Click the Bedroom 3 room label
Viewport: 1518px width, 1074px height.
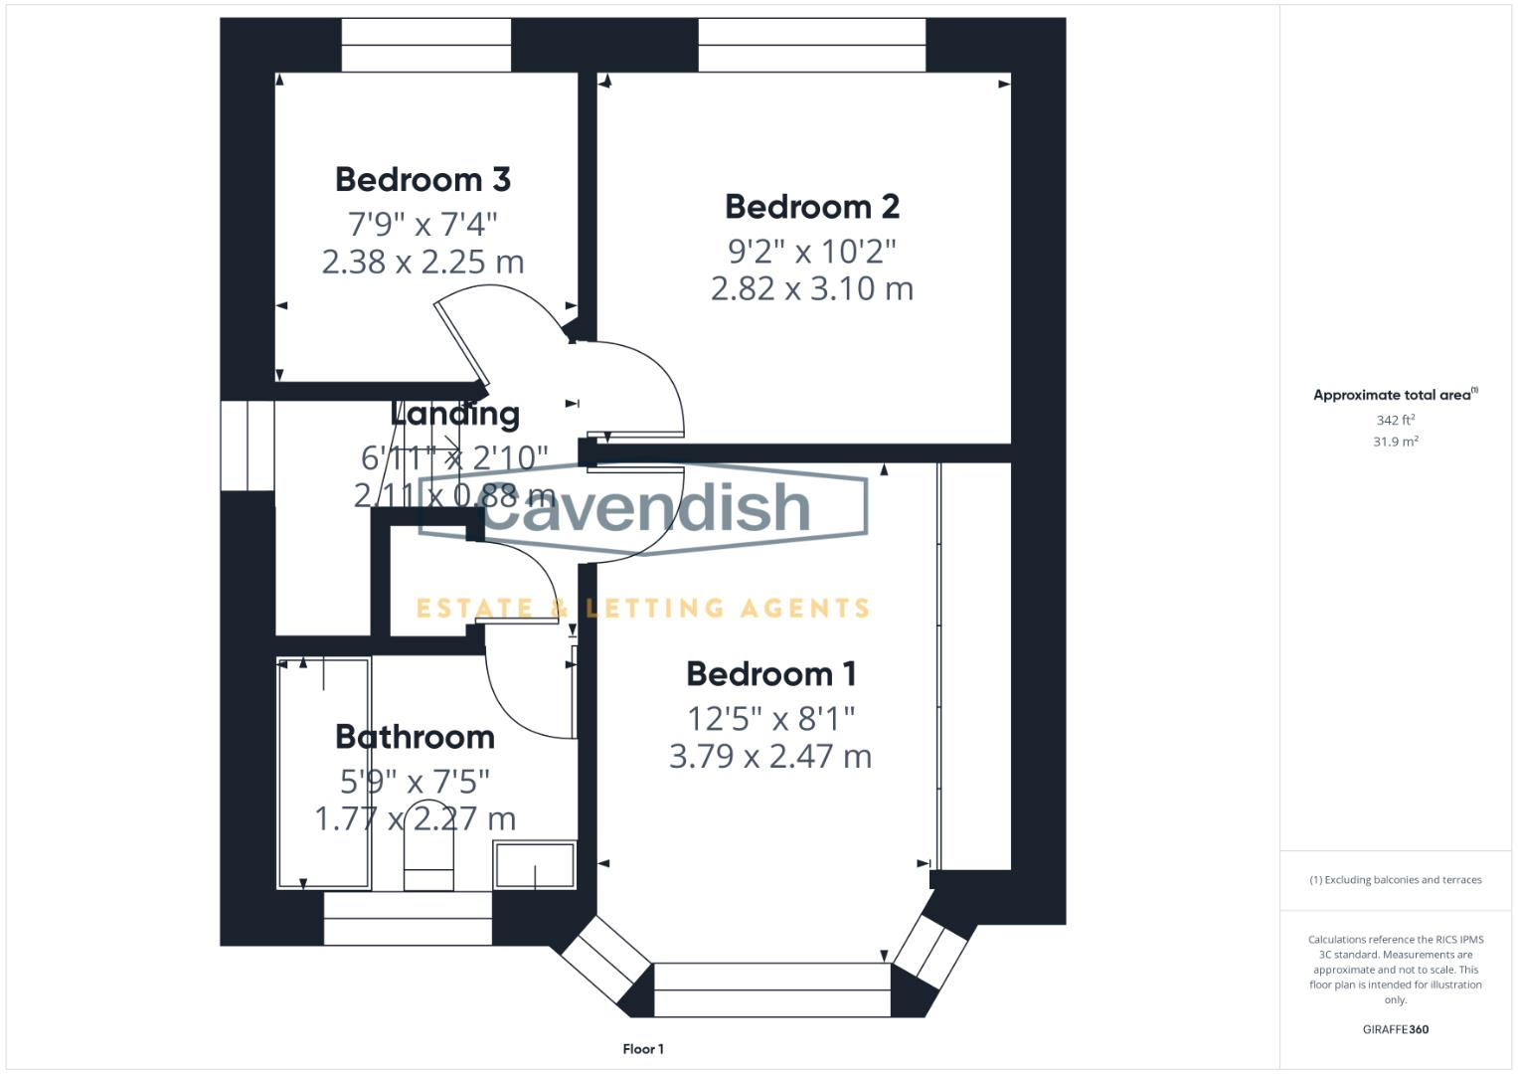tap(422, 180)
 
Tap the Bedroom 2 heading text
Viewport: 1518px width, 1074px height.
tap(812, 207)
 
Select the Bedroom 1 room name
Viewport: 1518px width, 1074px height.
tap(770, 674)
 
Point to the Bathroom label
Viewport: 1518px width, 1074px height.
tap(415, 737)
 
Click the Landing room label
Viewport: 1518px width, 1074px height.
tap(455, 414)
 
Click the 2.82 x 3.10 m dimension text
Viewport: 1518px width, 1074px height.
tap(812, 289)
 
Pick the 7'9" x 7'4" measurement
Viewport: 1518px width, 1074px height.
tap(422, 222)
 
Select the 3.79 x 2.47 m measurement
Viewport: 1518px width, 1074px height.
tap(770, 757)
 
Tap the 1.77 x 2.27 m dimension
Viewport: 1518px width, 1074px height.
tap(415, 819)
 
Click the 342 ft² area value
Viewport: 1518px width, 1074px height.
tap(1395, 421)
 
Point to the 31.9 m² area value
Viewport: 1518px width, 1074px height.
tap(1395, 442)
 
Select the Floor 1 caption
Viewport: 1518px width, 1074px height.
tap(643, 1049)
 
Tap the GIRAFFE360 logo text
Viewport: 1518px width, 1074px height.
tap(1395, 1030)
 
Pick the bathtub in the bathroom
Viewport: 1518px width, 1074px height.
tap(323, 773)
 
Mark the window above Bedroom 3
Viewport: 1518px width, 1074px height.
tap(426, 45)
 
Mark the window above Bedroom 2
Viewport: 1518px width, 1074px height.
tap(811, 45)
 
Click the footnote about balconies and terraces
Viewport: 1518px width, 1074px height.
tap(1395, 880)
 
